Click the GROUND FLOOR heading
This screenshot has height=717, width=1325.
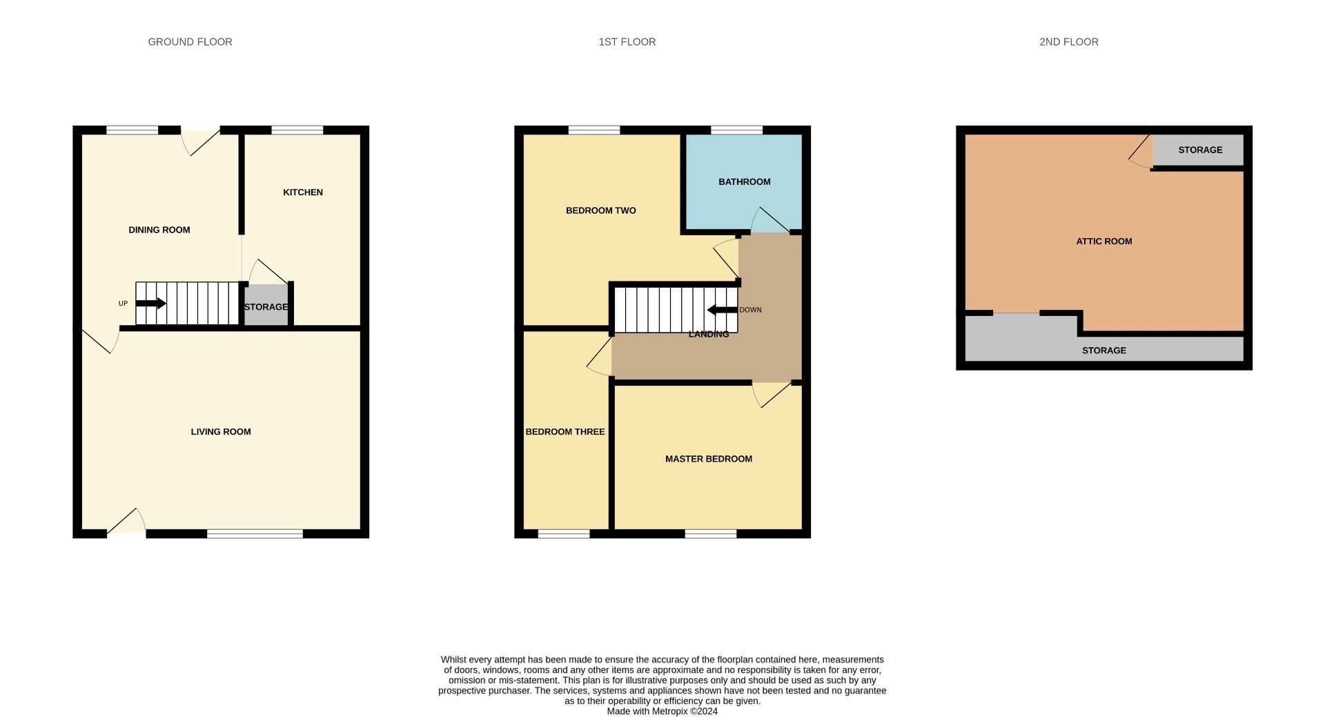(x=190, y=42)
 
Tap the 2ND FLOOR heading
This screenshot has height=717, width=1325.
(x=1068, y=42)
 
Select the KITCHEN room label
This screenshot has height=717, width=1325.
(x=302, y=193)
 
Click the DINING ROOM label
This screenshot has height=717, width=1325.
(x=159, y=230)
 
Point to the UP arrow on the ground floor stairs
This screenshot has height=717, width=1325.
(x=150, y=303)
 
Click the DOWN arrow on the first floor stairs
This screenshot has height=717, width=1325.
(x=722, y=310)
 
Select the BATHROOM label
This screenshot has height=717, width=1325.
(x=744, y=182)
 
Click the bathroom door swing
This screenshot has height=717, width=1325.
(x=769, y=220)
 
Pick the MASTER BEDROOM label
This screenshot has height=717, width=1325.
(x=708, y=459)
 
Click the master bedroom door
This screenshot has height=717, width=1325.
(x=772, y=395)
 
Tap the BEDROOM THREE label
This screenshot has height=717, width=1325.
(x=565, y=432)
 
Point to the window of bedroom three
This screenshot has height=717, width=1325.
(x=563, y=533)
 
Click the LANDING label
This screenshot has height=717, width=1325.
(x=709, y=335)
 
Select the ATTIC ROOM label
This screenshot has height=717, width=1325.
(x=1103, y=242)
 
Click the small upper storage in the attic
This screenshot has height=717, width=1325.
(x=1199, y=150)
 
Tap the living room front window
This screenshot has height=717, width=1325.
(x=255, y=533)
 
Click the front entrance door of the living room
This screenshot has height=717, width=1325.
(x=127, y=522)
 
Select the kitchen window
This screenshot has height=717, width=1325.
(x=297, y=130)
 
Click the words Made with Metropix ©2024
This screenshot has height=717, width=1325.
(x=662, y=711)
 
